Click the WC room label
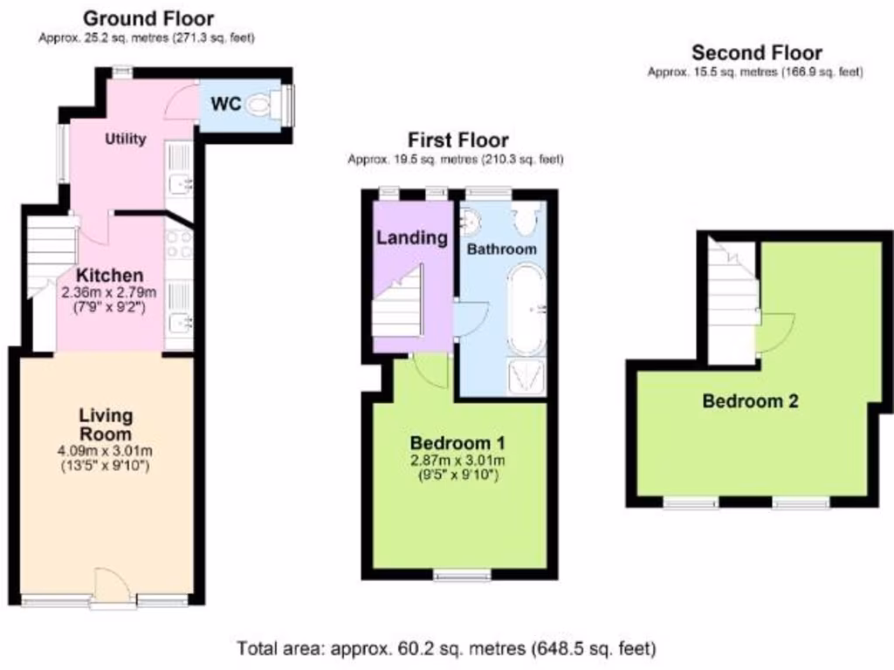click(227, 104)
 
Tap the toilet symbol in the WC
click(259, 106)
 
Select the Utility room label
click(126, 139)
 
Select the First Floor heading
click(457, 140)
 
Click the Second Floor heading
click(756, 53)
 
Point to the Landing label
click(412, 236)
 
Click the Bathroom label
click(501, 250)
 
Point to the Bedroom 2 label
click(751, 401)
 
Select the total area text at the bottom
click(446, 648)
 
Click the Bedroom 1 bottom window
click(462, 574)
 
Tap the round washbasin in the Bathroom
click(470, 224)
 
